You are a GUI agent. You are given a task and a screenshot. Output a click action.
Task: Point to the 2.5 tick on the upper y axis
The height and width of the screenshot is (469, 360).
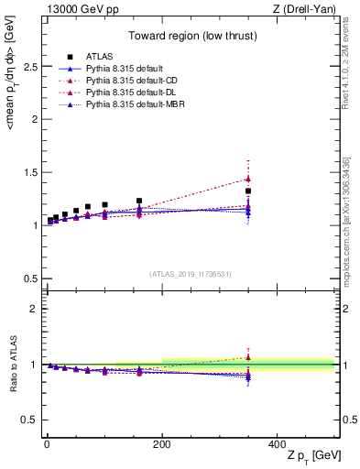coord(27,67)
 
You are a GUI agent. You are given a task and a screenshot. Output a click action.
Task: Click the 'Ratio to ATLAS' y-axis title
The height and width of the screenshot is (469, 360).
coord(11,363)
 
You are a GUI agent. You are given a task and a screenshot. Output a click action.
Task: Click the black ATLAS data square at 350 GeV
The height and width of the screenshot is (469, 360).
coord(248,191)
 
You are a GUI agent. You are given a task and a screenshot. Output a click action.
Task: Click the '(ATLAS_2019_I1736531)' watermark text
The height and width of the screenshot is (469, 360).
coord(190,273)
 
